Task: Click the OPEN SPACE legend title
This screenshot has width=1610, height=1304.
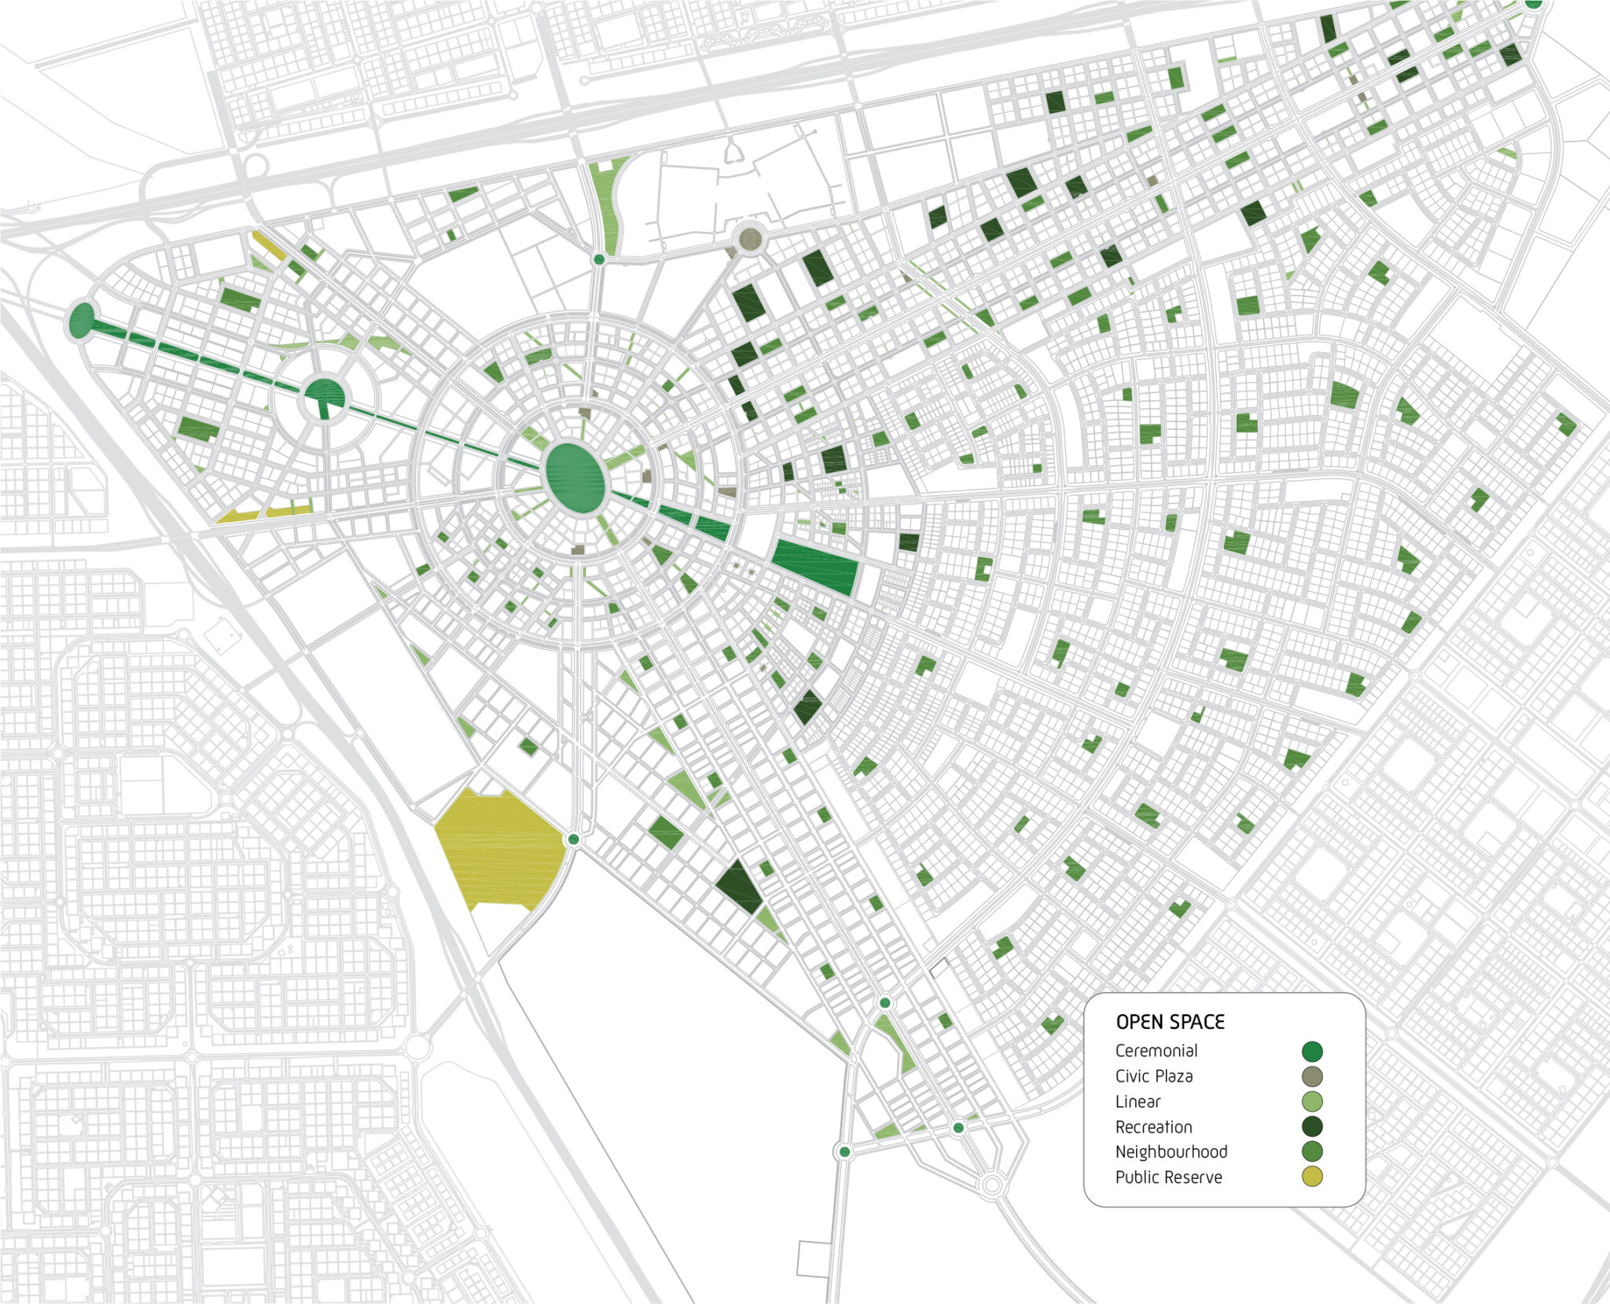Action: coord(1170,1022)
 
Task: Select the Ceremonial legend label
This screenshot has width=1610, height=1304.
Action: coord(1156,1051)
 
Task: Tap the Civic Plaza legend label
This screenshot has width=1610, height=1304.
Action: coord(1153,1076)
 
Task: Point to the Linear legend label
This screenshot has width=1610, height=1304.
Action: coord(1138,1101)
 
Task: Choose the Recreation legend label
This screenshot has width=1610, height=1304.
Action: coord(1153,1126)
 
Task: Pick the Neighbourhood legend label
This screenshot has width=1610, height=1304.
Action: coord(1171,1152)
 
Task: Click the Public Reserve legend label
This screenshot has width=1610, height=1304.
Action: coord(1168,1177)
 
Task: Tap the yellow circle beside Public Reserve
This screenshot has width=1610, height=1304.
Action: coord(1312,1177)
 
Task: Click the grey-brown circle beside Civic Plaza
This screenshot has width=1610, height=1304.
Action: coord(1312,1076)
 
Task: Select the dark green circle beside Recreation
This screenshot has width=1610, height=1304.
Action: coord(1312,1126)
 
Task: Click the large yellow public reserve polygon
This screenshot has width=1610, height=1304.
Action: coord(499,849)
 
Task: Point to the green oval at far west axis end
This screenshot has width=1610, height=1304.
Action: coord(81,321)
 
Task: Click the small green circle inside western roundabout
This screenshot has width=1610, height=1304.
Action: coord(324,394)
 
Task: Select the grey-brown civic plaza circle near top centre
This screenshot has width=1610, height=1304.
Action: coord(751,239)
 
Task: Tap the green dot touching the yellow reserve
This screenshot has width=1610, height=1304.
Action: coord(573,840)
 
